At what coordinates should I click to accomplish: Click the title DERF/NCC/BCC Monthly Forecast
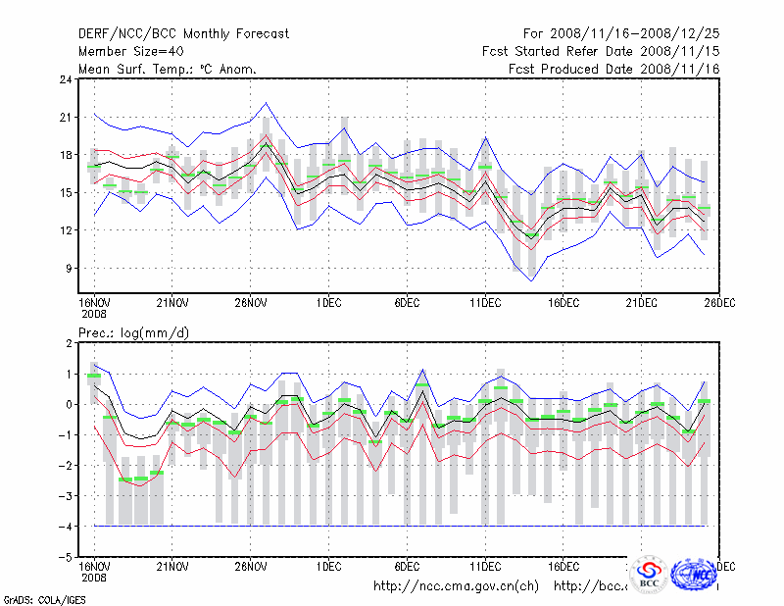(x=183, y=33)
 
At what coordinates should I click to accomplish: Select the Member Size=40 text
(x=129, y=51)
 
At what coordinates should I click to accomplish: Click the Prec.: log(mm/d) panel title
(x=133, y=334)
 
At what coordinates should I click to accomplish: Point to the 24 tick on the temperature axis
(x=67, y=79)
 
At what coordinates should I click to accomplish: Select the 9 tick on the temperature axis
(x=70, y=268)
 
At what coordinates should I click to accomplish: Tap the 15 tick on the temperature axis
(x=67, y=192)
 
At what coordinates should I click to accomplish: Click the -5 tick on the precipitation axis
(x=66, y=557)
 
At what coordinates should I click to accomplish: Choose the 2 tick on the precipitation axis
(x=70, y=343)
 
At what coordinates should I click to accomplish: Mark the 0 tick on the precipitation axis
(x=70, y=404)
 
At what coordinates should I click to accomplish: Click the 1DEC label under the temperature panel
(x=329, y=301)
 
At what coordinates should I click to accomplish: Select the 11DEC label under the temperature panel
(x=486, y=301)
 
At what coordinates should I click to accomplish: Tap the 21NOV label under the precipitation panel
(x=173, y=566)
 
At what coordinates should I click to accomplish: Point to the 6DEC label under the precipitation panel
(x=408, y=566)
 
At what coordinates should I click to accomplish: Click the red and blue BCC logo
(x=649, y=576)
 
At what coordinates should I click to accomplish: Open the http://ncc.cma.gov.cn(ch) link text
(x=456, y=586)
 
